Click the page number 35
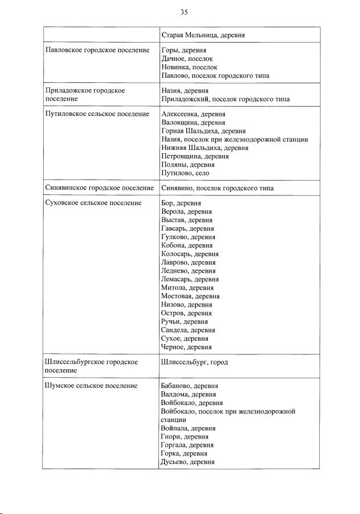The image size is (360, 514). [184, 12]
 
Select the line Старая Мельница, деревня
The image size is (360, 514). [203, 35]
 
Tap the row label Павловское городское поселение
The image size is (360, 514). [97, 51]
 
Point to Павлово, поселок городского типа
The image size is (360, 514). [215, 76]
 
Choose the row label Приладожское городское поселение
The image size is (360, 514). [85, 94]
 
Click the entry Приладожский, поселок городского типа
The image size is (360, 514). [225, 99]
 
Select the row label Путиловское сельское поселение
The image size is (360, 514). [97, 114]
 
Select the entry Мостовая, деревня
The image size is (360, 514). [190, 296]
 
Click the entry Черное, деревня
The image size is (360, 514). [186, 347]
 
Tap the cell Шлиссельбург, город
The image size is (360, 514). [194, 362]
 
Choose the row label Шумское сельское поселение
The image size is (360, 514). [91, 386]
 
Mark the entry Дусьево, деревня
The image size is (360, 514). [187, 462]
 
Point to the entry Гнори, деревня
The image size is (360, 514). [185, 437]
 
